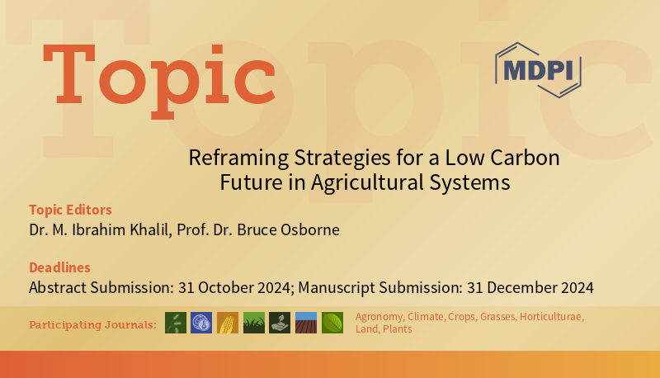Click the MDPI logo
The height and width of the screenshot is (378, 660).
tap(537, 69)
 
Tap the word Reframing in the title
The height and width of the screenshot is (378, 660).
tap(231, 157)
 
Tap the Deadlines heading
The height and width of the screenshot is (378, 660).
tap(59, 267)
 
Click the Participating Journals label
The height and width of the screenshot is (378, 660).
tap(92, 324)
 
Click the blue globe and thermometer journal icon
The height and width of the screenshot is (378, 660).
tap(201, 323)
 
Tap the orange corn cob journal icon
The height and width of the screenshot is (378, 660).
tap(228, 323)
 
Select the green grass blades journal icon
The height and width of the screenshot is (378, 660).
tap(254, 323)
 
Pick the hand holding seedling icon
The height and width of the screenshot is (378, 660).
tap(280, 323)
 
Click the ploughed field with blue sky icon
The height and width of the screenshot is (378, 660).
tap(306, 323)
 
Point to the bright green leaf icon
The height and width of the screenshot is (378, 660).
tap(332, 323)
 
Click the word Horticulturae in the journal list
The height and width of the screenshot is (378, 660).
tap(552, 317)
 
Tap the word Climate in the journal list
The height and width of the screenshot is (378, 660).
tap(426, 317)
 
